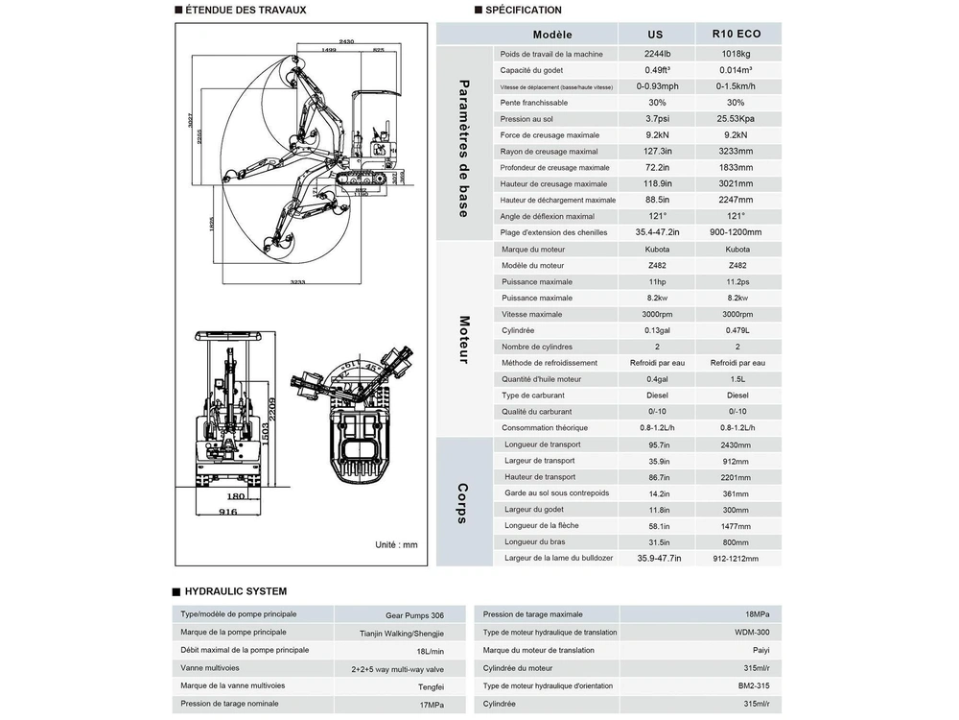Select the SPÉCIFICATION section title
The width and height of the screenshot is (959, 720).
point(524,11)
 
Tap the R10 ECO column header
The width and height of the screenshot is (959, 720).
point(736,34)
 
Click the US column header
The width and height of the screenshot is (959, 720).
point(656,34)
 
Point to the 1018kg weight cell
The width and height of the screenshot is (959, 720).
point(736,55)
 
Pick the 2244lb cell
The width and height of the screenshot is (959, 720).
point(656,55)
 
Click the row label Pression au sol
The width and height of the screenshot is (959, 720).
point(527,119)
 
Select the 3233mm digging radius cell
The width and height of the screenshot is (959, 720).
point(736,152)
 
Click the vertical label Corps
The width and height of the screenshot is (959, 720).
point(464,502)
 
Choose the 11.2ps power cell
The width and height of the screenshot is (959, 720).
point(736,282)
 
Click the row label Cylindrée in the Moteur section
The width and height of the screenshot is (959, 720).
point(518,330)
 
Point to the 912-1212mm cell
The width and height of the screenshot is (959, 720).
point(736,558)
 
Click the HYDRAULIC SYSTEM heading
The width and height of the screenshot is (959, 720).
point(234,591)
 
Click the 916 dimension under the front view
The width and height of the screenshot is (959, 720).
point(227,512)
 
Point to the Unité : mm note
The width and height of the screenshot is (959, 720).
point(396,544)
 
